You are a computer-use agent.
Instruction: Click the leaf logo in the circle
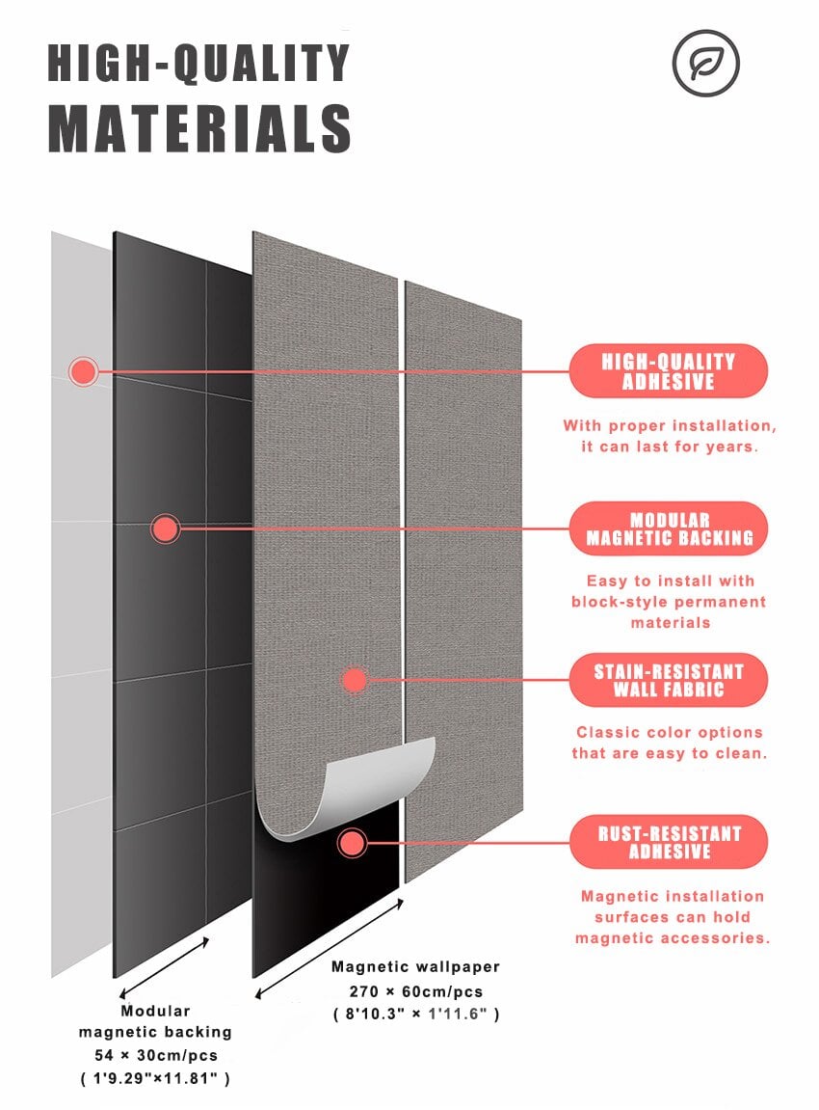click(705, 63)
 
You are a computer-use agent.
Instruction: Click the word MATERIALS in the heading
click(199, 128)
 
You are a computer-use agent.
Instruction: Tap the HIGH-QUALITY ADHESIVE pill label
click(669, 371)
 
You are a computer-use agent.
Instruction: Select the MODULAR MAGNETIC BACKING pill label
click(669, 528)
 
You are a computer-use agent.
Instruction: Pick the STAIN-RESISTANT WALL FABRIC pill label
click(669, 680)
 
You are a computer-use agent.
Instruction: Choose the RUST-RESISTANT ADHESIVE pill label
click(669, 842)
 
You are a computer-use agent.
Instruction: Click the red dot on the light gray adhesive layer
click(84, 371)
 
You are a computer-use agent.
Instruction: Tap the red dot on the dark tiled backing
click(165, 528)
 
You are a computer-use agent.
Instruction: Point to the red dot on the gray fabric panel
click(355, 680)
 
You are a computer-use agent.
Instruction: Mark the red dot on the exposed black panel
click(352, 843)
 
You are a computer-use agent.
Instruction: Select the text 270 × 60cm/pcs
click(416, 991)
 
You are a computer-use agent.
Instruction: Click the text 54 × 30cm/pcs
click(155, 1055)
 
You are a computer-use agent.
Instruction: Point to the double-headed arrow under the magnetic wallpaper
click(330, 949)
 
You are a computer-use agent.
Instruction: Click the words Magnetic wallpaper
click(416, 967)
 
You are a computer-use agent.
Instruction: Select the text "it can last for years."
click(669, 447)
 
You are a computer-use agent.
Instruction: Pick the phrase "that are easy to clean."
click(669, 753)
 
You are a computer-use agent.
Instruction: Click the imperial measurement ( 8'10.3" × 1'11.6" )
click(416, 1014)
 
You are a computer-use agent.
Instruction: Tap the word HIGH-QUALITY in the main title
click(198, 63)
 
